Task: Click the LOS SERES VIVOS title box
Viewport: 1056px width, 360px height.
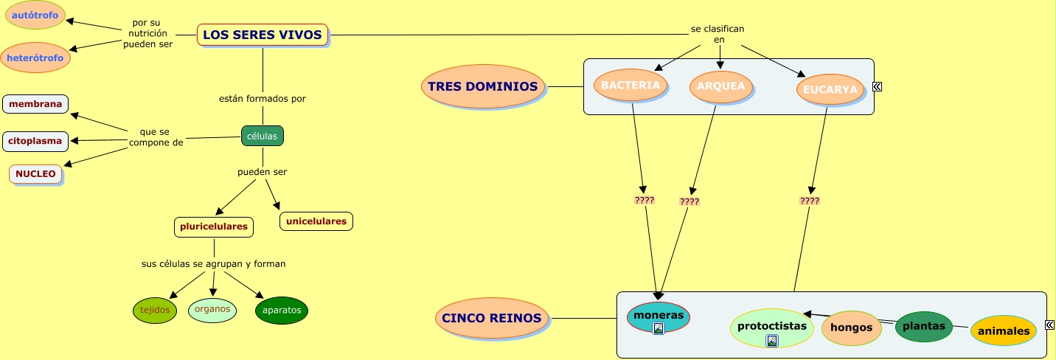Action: (x=263, y=35)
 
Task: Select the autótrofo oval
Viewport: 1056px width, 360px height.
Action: (x=35, y=15)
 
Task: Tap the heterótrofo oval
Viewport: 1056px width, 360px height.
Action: (x=35, y=58)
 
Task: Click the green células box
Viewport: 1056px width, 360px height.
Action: (x=263, y=136)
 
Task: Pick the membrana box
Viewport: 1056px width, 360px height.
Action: (x=35, y=104)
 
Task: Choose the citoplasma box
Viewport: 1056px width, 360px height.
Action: (x=35, y=141)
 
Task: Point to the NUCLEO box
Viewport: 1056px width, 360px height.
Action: (x=35, y=174)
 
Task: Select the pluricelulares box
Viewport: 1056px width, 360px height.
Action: (x=214, y=227)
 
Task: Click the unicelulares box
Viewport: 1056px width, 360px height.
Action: (x=316, y=221)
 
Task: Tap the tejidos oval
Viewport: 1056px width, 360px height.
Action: (x=155, y=311)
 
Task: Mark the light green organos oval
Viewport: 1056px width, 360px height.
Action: (x=212, y=310)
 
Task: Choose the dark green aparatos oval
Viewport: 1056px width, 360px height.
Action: (x=282, y=311)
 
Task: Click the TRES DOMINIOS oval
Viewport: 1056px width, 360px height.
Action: (x=483, y=87)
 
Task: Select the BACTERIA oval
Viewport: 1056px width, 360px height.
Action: (x=631, y=86)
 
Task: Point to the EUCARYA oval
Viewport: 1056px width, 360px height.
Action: (x=830, y=90)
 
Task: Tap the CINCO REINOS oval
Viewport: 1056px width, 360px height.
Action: (x=492, y=319)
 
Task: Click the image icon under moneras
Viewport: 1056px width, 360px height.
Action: (x=659, y=328)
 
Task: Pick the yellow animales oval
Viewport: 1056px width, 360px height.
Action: (x=1004, y=331)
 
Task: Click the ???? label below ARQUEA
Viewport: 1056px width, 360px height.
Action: (x=689, y=201)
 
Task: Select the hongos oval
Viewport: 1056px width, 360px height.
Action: (x=852, y=328)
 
